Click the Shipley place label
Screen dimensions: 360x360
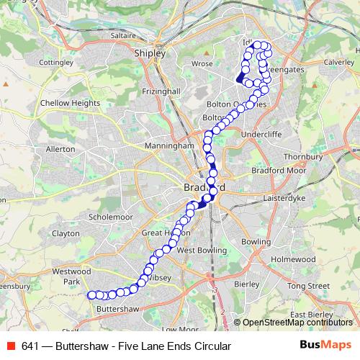[x=150, y=53]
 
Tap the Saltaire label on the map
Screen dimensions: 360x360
[x=143, y=35]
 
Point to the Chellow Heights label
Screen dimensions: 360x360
[x=70, y=103]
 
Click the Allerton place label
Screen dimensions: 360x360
[x=60, y=149]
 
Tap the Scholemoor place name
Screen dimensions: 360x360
[x=111, y=216]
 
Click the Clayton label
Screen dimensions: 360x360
[x=66, y=233]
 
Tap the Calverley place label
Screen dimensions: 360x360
[x=339, y=63]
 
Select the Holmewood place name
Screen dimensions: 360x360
[x=294, y=258]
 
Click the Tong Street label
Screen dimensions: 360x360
[x=307, y=286]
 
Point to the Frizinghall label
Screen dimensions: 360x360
[x=161, y=92]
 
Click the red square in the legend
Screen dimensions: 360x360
[x=10, y=346]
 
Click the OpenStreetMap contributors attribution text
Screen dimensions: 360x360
[x=297, y=323]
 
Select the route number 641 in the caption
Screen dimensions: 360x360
[x=30, y=346]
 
